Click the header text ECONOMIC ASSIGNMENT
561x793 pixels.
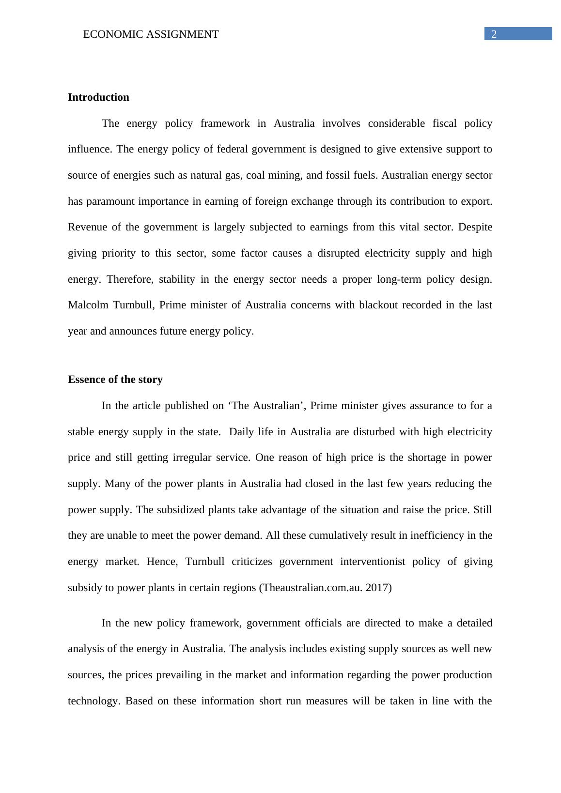click(x=151, y=34)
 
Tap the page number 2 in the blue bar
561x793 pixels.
click(x=494, y=34)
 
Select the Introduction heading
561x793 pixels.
click(x=98, y=97)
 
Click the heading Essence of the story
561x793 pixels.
click(x=115, y=380)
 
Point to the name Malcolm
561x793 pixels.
click(x=87, y=305)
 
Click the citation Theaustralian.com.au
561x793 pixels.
click(x=312, y=588)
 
